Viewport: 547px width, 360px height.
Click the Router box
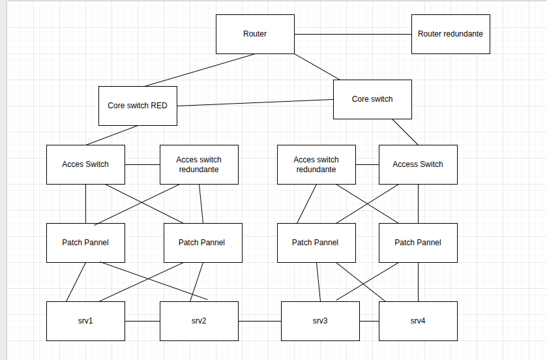click(255, 34)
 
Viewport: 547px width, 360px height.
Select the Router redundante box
click(451, 34)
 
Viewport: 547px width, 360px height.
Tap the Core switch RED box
click(138, 106)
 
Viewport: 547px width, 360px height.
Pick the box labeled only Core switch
click(372, 99)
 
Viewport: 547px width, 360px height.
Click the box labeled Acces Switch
click(85, 164)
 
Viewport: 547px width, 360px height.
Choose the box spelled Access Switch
click(418, 164)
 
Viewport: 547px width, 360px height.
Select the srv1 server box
click(85, 321)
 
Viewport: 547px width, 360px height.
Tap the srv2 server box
click(199, 321)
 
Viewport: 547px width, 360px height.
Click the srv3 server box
click(320, 321)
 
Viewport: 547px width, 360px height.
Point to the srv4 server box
click(418, 321)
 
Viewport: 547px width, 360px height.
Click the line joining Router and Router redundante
click(353, 34)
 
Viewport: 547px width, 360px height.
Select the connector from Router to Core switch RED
click(200, 70)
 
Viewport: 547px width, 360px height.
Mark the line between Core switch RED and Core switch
click(255, 103)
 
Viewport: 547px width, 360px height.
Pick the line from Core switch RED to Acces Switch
click(112, 135)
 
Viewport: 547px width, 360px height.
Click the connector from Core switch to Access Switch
click(405, 132)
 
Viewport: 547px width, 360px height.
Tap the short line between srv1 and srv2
click(142, 321)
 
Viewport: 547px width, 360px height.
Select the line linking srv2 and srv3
click(259, 321)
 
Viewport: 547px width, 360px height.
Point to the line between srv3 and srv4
click(369, 321)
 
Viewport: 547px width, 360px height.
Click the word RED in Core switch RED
click(159, 106)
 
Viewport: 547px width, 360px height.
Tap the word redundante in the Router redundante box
click(464, 34)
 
